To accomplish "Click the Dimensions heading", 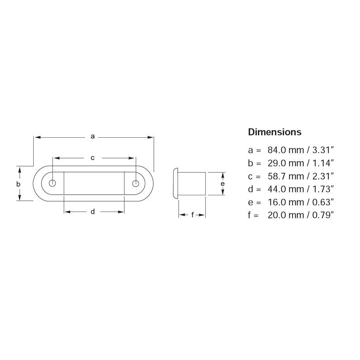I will pyautogui.click(x=274, y=132).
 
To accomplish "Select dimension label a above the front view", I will pyautogui.click(x=93, y=136).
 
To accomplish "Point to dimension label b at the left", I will pyautogui.click(x=18, y=184).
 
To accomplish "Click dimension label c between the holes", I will pyautogui.click(x=93, y=157).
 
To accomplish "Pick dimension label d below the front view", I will pyautogui.click(x=93, y=211).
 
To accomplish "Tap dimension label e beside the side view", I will pyautogui.click(x=222, y=184).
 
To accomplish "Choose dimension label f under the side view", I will pyautogui.click(x=193, y=215).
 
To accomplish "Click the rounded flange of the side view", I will pyautogui.click(x=176, y=184).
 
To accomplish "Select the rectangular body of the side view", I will pyautogui.click(x=193, y=184).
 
